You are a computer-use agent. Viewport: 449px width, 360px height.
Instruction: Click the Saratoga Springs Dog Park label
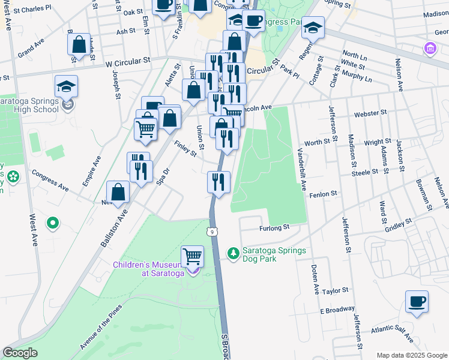pos(274,255)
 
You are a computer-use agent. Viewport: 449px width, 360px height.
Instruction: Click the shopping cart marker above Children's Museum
pos(192,256)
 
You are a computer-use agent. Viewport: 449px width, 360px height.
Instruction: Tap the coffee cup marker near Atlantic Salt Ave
pos(417,302)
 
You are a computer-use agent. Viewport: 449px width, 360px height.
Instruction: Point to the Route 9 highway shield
pos(212,231)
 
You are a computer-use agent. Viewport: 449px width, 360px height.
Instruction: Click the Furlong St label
pos(274,227)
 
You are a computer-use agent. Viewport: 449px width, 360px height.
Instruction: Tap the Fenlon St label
pos(324,194)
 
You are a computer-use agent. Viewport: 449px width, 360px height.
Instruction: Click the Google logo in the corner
pos(20,353)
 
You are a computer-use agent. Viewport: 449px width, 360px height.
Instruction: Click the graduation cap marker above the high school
pos(66,86)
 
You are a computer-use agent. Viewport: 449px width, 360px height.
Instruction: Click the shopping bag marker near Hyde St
pos(79,45)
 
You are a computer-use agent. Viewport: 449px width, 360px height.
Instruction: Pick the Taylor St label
pos(335,291)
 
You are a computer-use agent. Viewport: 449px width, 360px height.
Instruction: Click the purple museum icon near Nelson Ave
pos(430,49)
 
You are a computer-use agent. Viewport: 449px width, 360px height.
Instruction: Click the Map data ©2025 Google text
pos(411,355)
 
